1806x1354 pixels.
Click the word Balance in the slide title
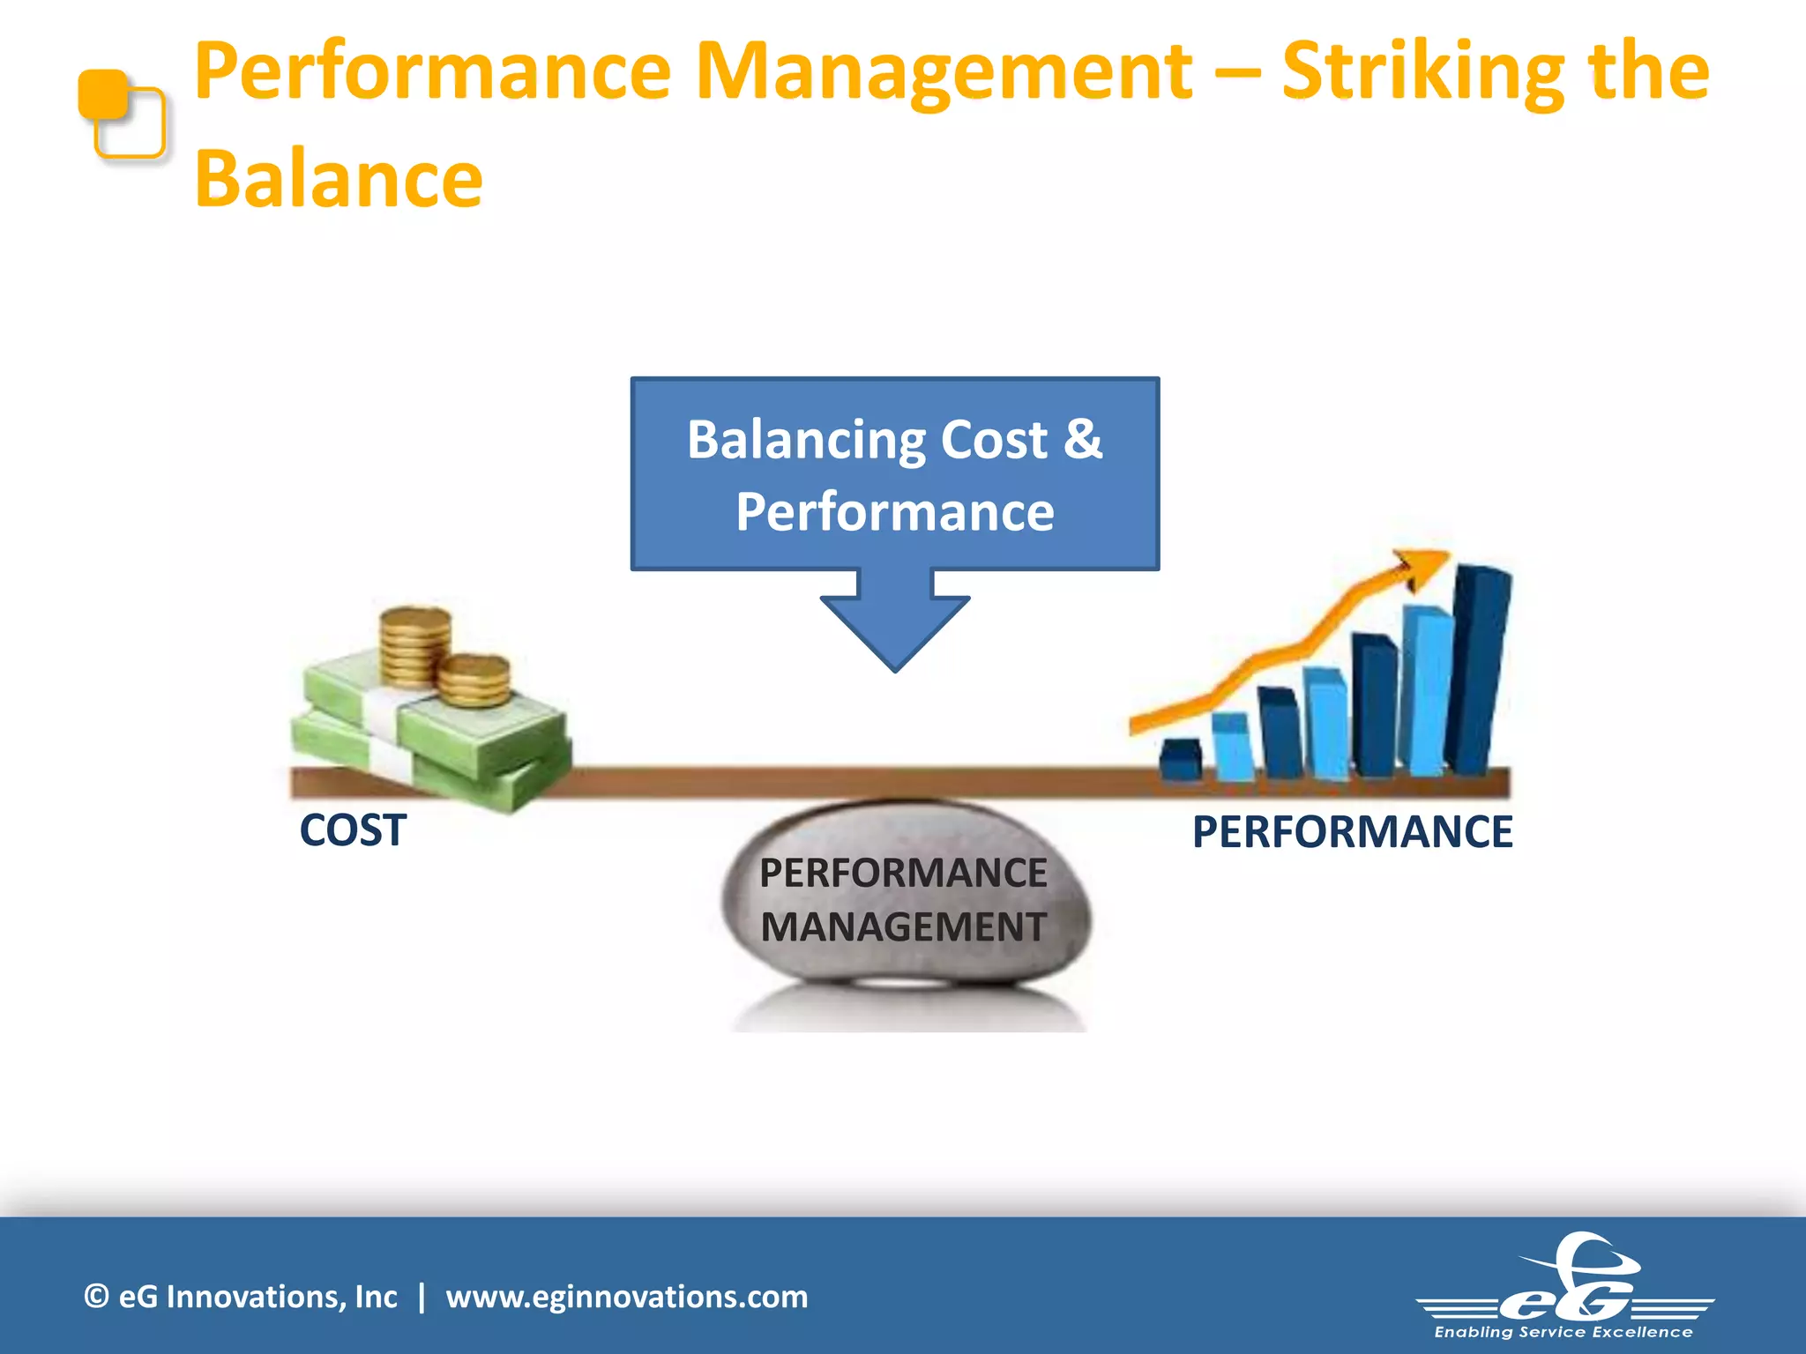coord(339,180)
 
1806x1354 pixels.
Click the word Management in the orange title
coord(944,72)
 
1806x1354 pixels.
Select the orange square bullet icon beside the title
coord(121,114)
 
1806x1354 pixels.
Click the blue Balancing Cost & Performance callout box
coord(894,474)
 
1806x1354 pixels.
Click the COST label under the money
coord(353,830)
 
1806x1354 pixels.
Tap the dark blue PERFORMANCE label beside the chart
coord(1352,832)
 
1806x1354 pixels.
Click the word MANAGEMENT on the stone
coord(903,927)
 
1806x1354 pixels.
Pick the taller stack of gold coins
coord(414,644)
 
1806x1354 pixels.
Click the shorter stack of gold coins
coord(474,681)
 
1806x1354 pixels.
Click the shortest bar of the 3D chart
coord(1180,760)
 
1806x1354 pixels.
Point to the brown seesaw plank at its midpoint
coord(899,782)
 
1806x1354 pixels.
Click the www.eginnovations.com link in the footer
coord(626,1297)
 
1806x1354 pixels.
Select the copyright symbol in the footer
coord(96,1297)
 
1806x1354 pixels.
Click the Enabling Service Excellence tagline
coord(1563,1332)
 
